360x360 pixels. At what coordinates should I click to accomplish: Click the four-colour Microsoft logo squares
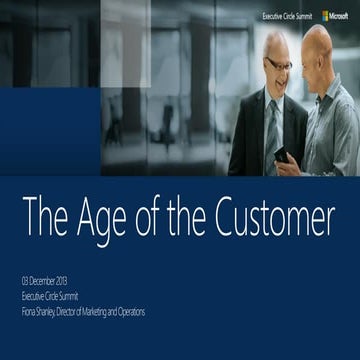[x=326, y=16]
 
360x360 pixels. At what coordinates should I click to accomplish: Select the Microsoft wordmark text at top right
[x=340, y=16]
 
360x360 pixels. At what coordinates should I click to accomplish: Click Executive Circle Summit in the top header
[x=287, y=17]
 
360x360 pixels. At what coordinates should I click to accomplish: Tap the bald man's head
[x=319, y=45]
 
